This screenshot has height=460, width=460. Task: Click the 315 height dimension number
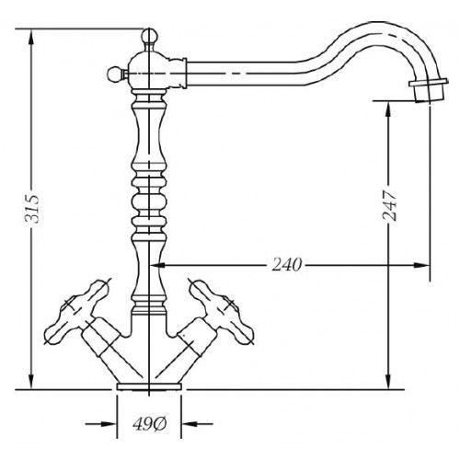pyautogui.click(x=32, y=209)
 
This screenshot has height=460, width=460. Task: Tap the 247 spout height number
pyautogui.click(x=389, y=206)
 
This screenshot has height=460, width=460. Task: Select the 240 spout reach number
pyautogui.click(x=287, y=265)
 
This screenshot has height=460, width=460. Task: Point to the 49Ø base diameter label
pyautogui.click(x=149, y=424)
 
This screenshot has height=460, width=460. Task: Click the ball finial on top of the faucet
pyautogui.click(x=149, y=36)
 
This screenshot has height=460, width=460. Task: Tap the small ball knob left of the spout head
pyautogui.click(x=115, y=74)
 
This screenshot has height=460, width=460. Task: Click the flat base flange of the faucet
pyautogui.click(x=149, y=386)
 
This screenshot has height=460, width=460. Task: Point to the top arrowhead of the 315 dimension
pyautogui.click(x=30, y=38)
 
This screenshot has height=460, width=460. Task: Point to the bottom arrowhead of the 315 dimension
pyautogui.click(x=30, y=381)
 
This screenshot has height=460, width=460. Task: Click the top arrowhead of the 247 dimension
pyautogui.click(x=388, y=109)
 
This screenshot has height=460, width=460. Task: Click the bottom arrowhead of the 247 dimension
pyautogui.click(x=388, y=381)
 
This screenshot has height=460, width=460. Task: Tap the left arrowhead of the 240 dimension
pyautogui.click(x=157, y=265)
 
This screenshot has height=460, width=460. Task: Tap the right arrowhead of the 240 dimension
pyautogui.click(x=420, y=265)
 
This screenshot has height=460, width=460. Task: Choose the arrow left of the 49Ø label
pyautogui.click(x=101, y=424)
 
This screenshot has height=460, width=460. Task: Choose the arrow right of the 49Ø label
pyautogui.click(x=197, y=424)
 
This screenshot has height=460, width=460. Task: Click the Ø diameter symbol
pyautogui.click(x=159, y=424)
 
